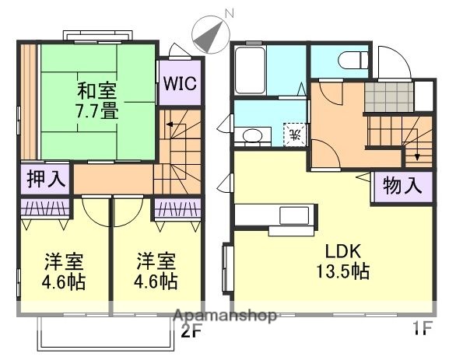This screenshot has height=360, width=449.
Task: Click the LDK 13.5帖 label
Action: tap(341, 262)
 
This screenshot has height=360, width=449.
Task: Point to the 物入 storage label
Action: tap(402, 187)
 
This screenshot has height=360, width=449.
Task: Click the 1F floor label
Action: tap(420, 329)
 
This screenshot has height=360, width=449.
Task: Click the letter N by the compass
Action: tap(229, 13)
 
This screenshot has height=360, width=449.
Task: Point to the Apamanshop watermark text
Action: tap(226, 316)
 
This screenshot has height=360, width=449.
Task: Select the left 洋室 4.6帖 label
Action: tap(64, 271)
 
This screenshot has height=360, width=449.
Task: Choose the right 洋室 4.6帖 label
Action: tap(156, 271)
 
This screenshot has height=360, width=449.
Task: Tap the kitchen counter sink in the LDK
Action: tap(294, 215)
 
